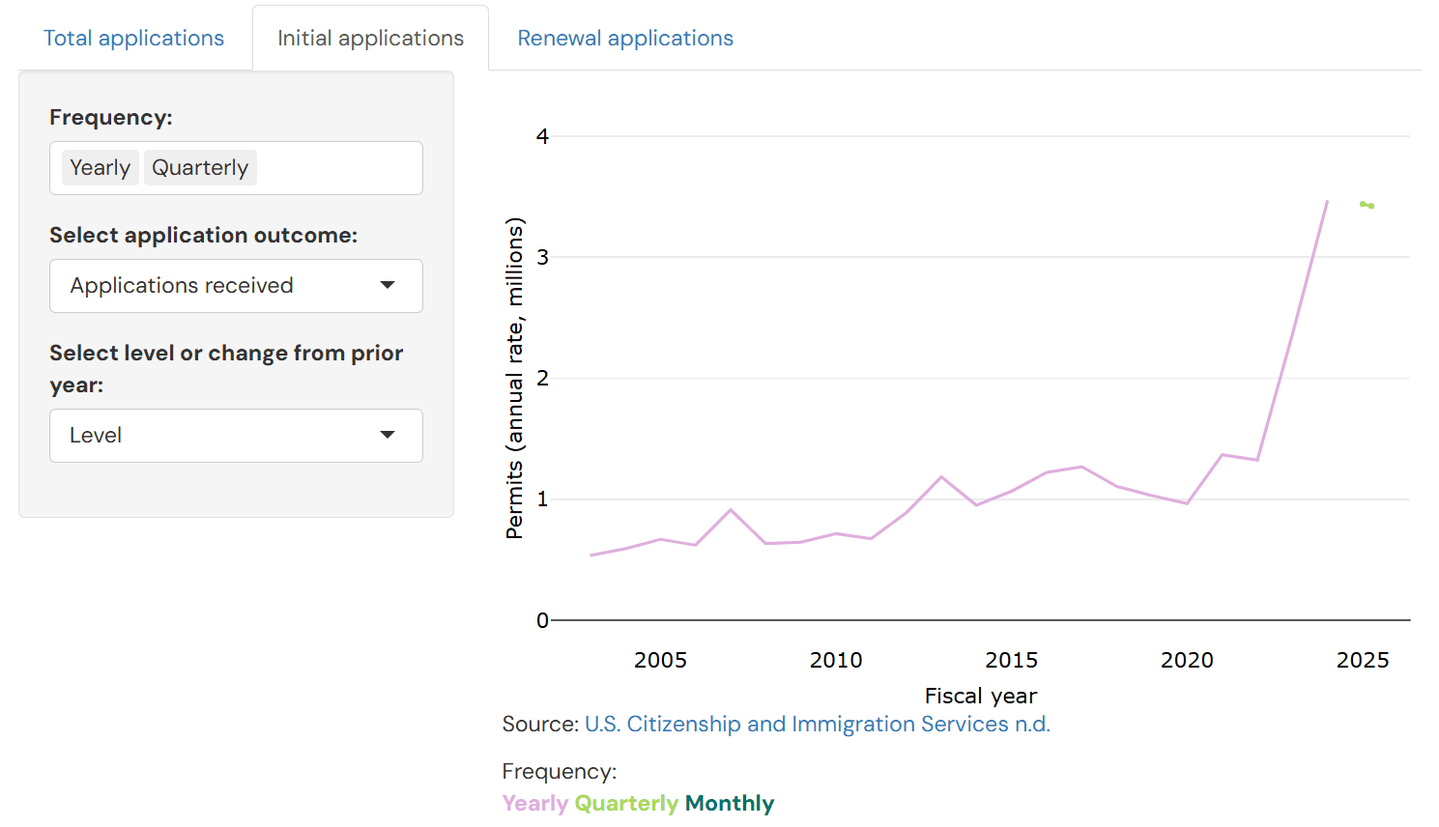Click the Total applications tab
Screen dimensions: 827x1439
[x=133, y=39]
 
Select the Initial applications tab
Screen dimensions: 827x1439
[x=370, y=39]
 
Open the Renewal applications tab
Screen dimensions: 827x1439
[x=625, y=39]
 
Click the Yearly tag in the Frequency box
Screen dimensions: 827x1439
[x=100, y=168]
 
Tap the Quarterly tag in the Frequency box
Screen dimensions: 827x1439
[x=200, y=168]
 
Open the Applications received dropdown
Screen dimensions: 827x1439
[x=236, y=286]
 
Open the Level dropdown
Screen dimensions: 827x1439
[x=236, y=436]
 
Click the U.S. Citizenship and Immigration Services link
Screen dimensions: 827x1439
[x=817, y=725]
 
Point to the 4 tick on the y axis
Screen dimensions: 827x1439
[x=542, y=136]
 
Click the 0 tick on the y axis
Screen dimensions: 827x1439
[x=542, y=620]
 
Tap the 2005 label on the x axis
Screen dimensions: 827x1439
[x=660, y=660]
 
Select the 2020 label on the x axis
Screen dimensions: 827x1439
[x=1187, y=660]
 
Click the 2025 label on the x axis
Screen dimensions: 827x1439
[x=1363, y=660]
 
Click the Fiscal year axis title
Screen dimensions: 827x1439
[x=980, y=696]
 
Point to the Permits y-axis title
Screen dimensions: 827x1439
[x=514, y=377]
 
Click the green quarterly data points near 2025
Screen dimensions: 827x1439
[x=1367, y=205]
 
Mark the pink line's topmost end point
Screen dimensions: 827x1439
[x=1327, y=201]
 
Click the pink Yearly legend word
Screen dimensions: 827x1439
[x=534, y=804]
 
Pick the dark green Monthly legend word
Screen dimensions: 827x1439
[x=730, y=804]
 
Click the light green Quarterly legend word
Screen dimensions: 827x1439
[x=626, y=804]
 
